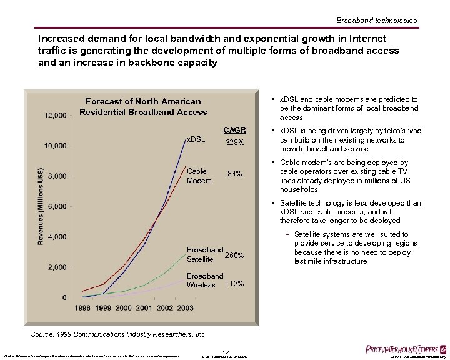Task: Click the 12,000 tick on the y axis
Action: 56,116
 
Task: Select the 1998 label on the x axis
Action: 83,308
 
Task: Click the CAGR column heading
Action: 235,130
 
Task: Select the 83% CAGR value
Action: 235,173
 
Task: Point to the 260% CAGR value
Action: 234,256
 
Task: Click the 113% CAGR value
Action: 234,284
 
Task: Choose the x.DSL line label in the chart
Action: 196,139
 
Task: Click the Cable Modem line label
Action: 199,176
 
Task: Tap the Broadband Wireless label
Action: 205,280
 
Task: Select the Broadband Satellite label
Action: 205,254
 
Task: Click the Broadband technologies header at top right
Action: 376,21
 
